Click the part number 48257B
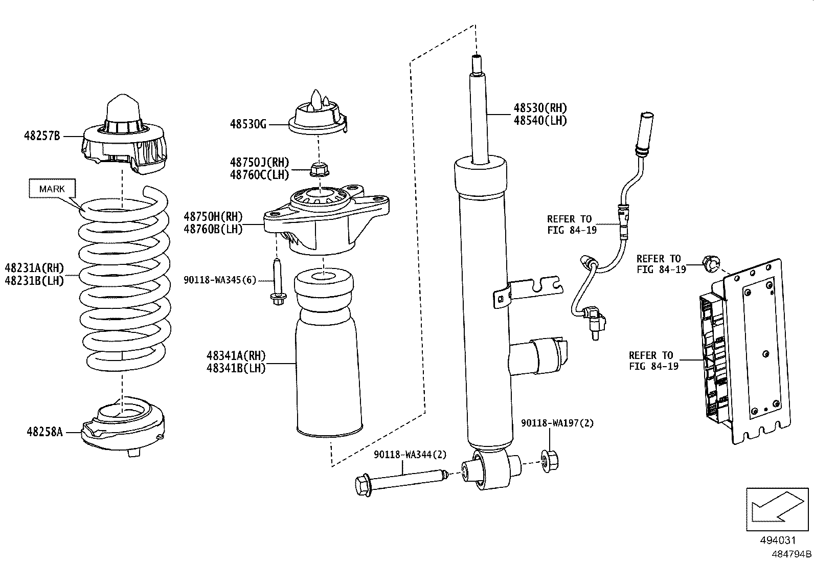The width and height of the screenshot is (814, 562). pos(42,136)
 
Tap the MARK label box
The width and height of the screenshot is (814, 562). pos(52,189)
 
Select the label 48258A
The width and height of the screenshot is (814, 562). pos(44,432)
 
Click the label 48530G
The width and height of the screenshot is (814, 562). pos(248,124)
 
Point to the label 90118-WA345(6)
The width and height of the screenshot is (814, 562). pos(220,280)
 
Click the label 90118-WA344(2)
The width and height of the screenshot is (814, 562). pos(410,455)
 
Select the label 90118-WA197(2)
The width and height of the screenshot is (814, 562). pos(557,423)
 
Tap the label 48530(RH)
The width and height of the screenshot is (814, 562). pos(540,108)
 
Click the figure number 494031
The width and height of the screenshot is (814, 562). pos(778,540)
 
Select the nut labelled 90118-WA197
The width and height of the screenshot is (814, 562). pos(549,461)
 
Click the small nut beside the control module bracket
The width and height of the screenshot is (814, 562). pos(710,263)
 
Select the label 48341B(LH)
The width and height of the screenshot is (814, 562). pos(236,368)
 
